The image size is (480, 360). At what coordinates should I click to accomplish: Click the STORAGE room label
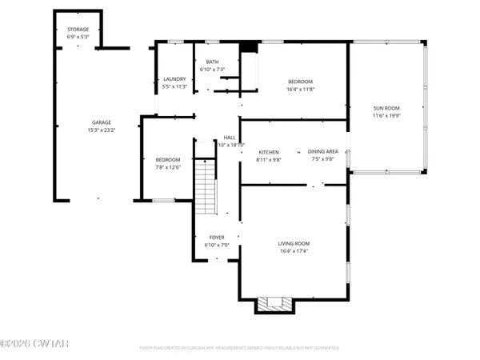pyautogui.click(x=78, y=29)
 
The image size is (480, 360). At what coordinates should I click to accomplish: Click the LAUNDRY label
pyautogui.click(x=174, y=78)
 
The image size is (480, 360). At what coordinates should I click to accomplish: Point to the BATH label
pyautogui.click(x=212, y=62)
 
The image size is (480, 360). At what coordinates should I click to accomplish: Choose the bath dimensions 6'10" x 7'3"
pyautogui.click(x=212, y=69)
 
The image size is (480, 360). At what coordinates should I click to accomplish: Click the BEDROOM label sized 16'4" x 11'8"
pyautogui.click(x=300, y=80)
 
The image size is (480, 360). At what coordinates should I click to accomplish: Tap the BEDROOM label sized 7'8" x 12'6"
pyautogui.click(x=167, y=159)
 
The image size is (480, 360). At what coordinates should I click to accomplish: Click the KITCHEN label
pyautogui.click(x=267, y=151)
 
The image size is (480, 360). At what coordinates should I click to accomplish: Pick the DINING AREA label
pyautogui.click(x=323, y=151)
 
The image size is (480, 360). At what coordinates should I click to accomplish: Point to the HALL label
pyautogui.click(x=230, y=138)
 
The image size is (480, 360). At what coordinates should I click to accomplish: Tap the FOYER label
pyautogui.click(x=217, y=237)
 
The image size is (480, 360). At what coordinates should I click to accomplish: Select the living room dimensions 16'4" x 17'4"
pyautogui.click(x=294, y=251)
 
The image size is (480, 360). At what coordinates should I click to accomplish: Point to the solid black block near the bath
pyautogui.click(x=248, y=47)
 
